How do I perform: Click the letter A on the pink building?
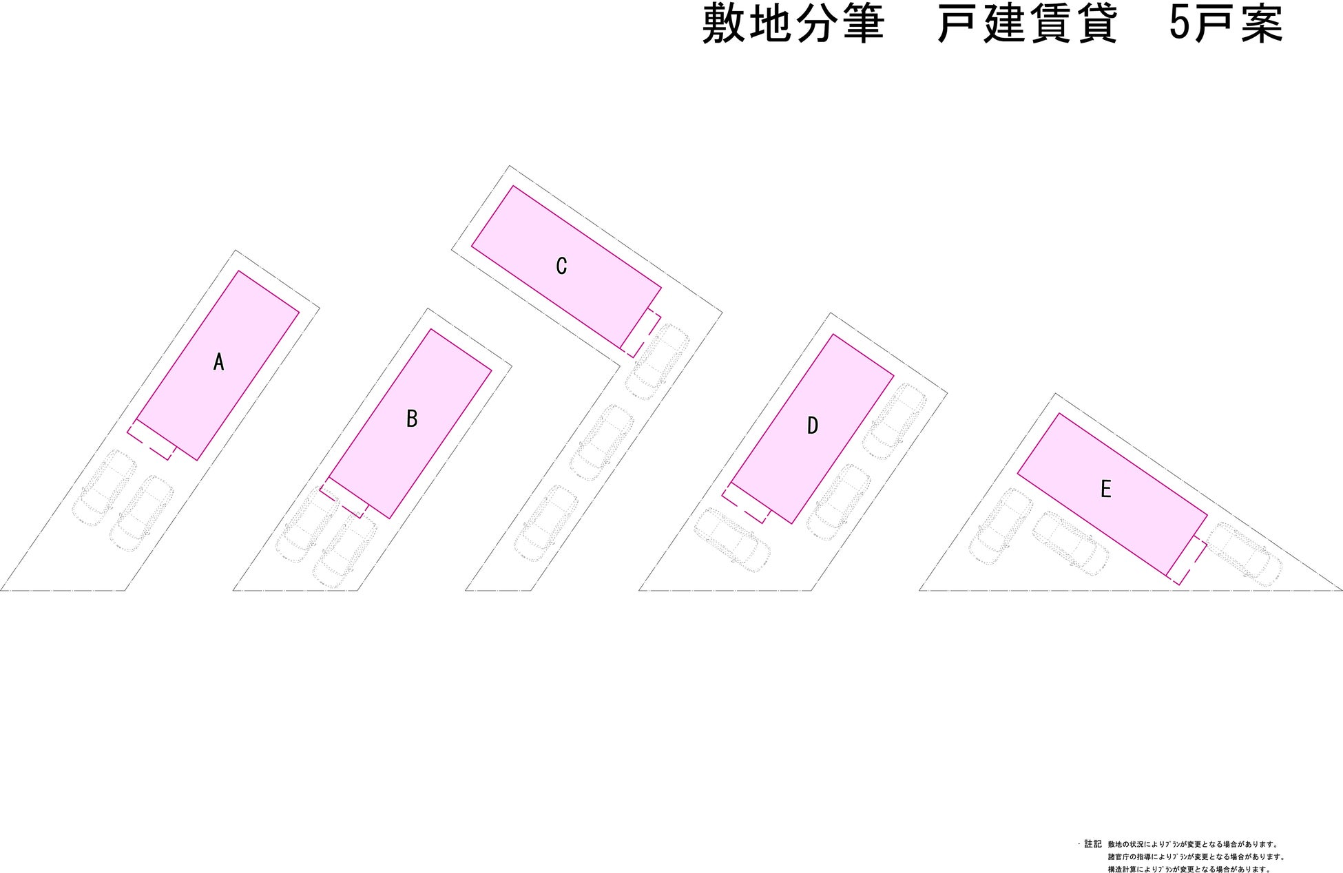pyautogui.click(x=219, y=362)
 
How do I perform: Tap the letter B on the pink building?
pyautogui.click(x=412, y=419)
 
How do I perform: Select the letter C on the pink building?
pyautogui.click(x=561, y=266)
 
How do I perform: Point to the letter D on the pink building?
pyautogui.click(x=813, y=425)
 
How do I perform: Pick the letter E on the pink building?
pyautogui.click(x=1106, y=490)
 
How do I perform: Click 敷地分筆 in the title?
pyautogui.click(x=793, y=25)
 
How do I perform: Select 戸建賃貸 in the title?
pyautogui.click(x=1027, y=25)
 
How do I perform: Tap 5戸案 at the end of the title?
pyautogui.click(x=1226, y=25)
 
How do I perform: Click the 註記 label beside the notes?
pyautogui.click(x=1093, y=844)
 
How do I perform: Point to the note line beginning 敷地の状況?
pyautogui.click(x=1192, y=845)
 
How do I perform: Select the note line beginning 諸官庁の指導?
pyautogui.click(x=1196, y=857)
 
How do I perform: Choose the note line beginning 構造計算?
pyautogui.click(x=1189, y=870)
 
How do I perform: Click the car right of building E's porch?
pyautogui.click(x=1245, y=554)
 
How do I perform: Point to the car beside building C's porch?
pyautogui.click(x=657, y=362)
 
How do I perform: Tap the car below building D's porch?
pyautogui.click(x=732, y=540)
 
